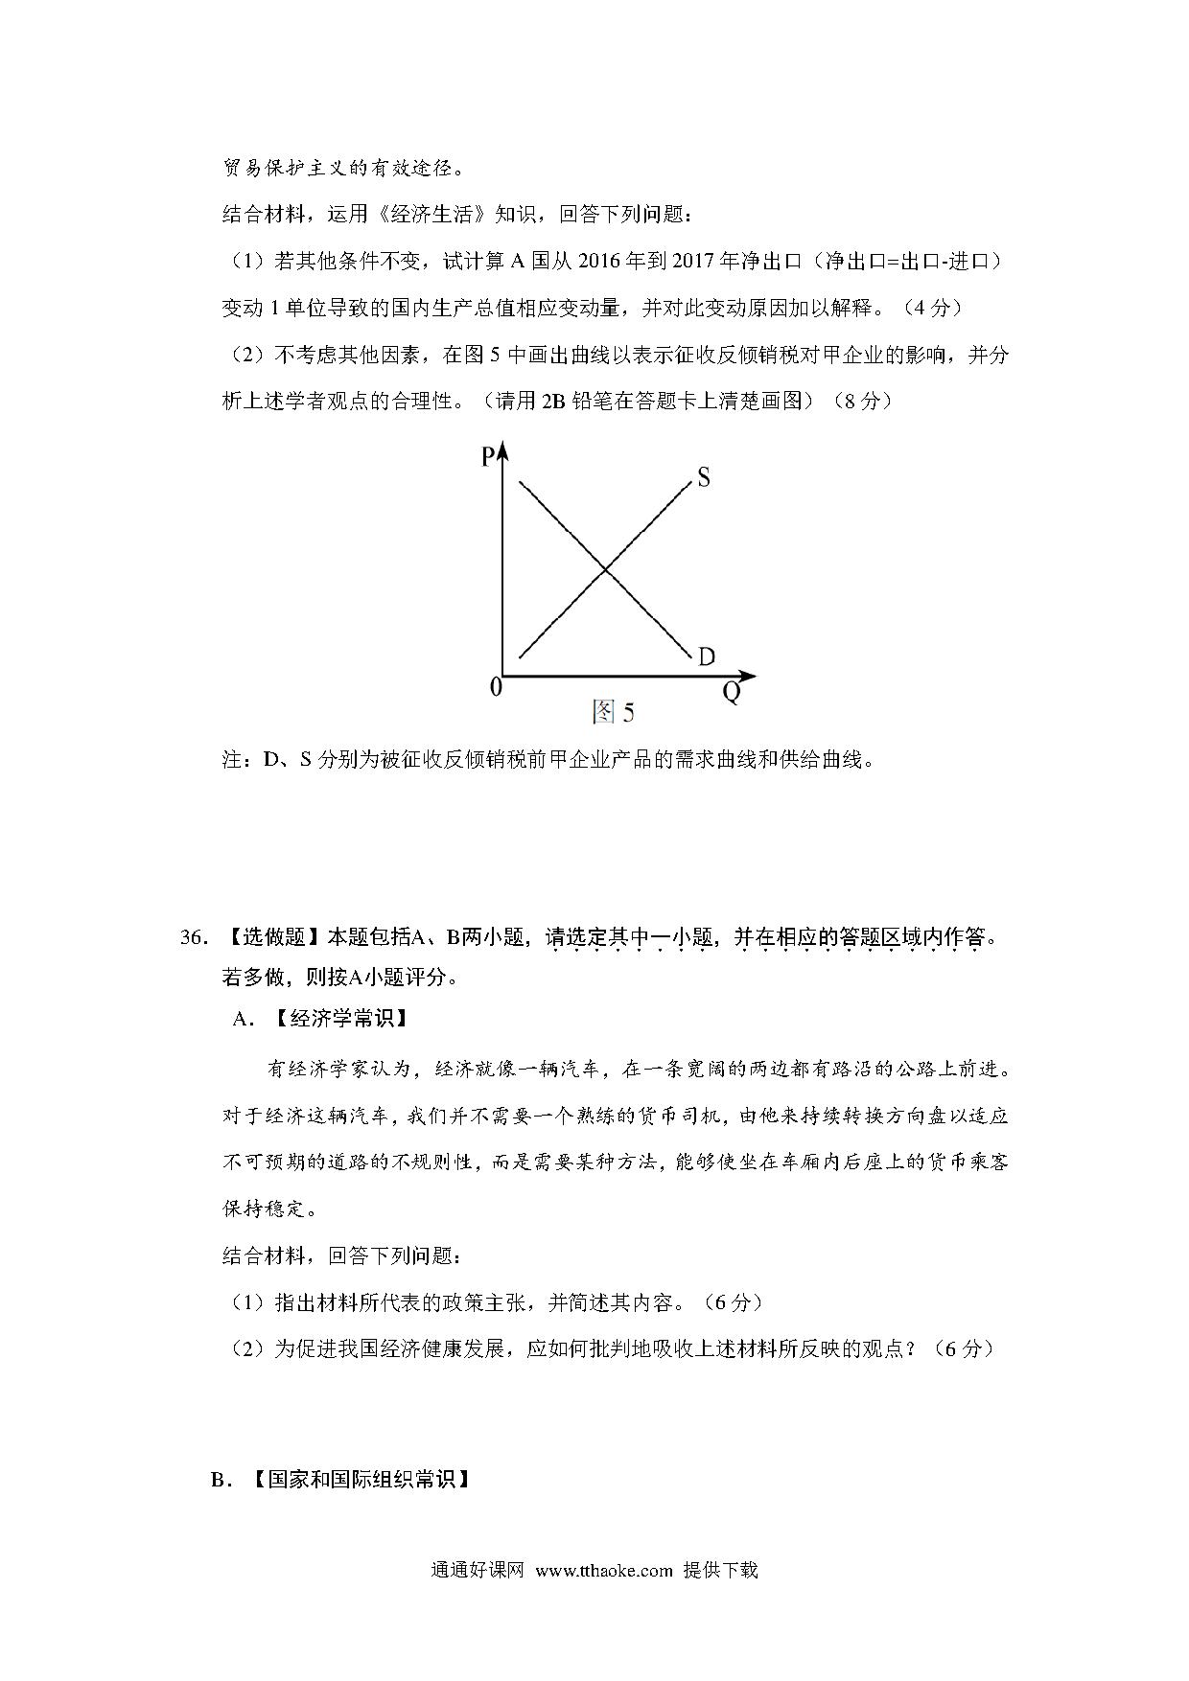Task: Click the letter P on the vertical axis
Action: pyautogui.click(x=487, y=457)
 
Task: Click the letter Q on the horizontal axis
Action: pyautogui.click(x=732, y=693)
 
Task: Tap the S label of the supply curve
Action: pyautogui.click(x=703, y=476)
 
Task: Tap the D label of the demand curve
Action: pyautogui.click(x=707, y=656)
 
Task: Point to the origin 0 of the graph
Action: pyautogui.click(x=495, y=687)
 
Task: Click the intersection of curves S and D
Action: pyautogui.click(x=605, y=571)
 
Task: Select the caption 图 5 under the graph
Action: pyautogui.click(x=613, y=712)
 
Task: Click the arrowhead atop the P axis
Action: pyautogui.click(x=502, y=450)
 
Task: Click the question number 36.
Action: pyautogui.click(x=193, y=937)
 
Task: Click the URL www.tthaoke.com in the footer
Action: pyautogui.click(x=603, y=1571)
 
